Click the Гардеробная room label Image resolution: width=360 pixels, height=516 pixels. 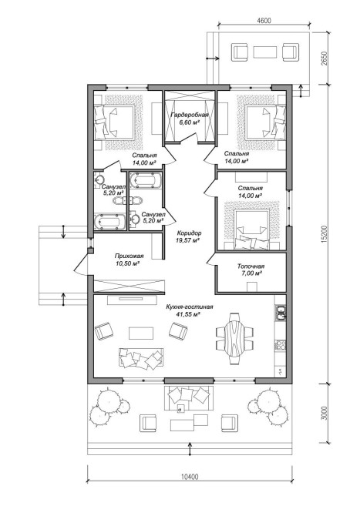click(x=190, y=115)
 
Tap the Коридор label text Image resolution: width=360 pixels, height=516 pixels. click(x=189, y=233)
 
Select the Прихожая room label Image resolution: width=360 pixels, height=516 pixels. click(x=129, y=256)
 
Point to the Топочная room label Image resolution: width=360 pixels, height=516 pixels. click(x=251, y=266)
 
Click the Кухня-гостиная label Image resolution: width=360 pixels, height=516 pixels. click(x=190, y=307)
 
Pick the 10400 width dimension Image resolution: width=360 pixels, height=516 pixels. click(x=190, y=476)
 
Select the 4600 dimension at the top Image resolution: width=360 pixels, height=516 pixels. click(x=264, y=20)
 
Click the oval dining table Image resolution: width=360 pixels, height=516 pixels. click(x=234, y=338)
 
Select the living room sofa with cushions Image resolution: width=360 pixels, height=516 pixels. click(x=140, y=357)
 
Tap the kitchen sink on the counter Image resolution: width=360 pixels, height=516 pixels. click(x=281, y=313)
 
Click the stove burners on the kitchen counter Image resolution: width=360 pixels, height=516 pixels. click(x=281, y=345)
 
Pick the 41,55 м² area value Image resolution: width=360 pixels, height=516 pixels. click(x=189, y=314)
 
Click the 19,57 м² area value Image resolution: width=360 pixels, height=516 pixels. click(x=188, y=240)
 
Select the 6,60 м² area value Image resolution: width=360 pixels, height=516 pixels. click(x=190, y=122)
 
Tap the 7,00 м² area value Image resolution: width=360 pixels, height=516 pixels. click(x=251, y=273)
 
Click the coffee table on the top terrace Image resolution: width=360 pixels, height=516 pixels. click(x=265, y=52)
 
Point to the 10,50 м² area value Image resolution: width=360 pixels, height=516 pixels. click(x=129, y=263)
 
